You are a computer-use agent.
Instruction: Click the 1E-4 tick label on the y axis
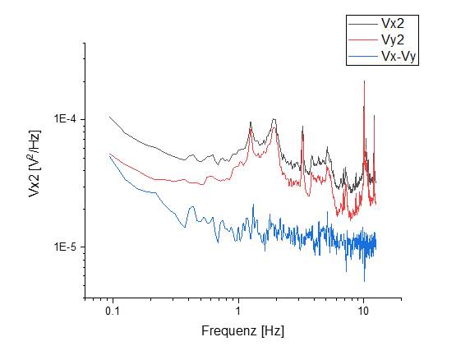[65, 119]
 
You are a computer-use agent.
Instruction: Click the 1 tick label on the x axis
[238, 313]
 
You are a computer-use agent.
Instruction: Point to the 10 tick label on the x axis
[363, 313]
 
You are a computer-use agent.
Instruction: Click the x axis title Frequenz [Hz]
[243, 332]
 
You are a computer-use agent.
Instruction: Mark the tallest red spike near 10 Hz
[364, 81]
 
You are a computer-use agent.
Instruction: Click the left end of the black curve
[110, 117]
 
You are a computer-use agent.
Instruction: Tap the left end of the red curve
[110, 154]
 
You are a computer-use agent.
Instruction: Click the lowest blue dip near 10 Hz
[365, 280]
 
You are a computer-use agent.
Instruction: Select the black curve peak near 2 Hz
[272, 120]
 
